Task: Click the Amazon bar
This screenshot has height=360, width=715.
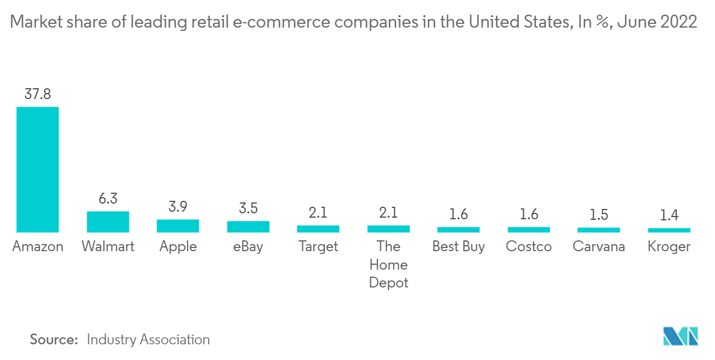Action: pos(37,169)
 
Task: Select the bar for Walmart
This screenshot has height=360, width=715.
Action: pos(108,222)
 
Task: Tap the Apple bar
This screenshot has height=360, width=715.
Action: pos(178,226)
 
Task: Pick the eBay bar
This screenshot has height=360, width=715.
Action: pos(248,227)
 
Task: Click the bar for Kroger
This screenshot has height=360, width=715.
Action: pos(669,230)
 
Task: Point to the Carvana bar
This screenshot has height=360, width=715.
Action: pos(599,230)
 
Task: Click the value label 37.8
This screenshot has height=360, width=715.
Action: pos(37,94)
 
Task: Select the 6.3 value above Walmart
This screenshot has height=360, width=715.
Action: pos(108,199)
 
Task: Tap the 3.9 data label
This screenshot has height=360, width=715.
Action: pos(178,207)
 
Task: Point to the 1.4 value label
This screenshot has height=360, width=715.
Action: pos(669,215)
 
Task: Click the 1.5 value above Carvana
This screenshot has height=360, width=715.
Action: pos(599,215)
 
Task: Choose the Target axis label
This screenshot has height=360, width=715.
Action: pos(318,247)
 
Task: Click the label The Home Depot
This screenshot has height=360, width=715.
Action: pos(388,264)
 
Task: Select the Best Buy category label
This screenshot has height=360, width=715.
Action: pos(458,247)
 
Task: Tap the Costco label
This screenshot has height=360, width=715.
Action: pos(529,247)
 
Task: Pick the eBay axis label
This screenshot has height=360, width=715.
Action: pos(248,247)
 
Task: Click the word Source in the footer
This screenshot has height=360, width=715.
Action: pos(54,339)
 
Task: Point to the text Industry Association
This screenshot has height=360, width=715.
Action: pos(148,339)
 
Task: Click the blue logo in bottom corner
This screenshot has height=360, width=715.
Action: pos(681,336)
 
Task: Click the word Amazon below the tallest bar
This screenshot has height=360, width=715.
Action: pos(37,247)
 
